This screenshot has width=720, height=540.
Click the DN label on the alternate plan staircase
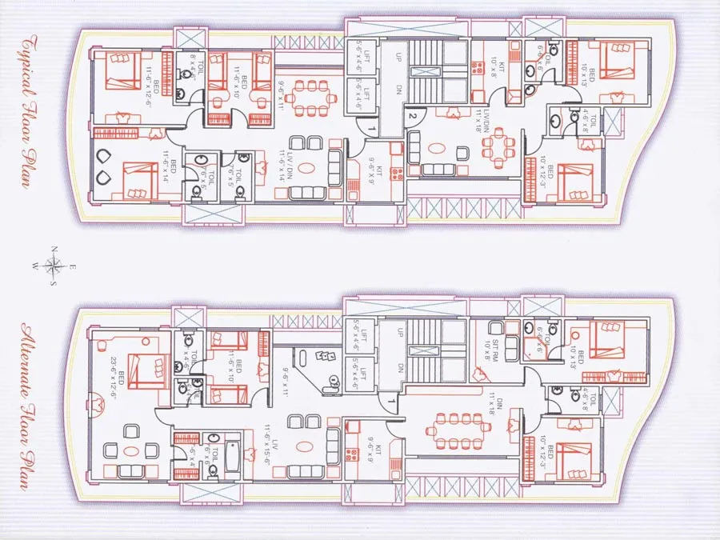coord(397,368)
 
